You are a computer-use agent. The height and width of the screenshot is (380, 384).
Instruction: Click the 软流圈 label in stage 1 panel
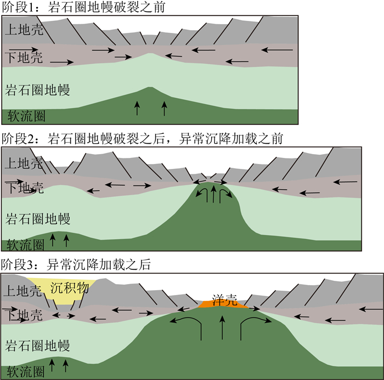(x=24, y=116)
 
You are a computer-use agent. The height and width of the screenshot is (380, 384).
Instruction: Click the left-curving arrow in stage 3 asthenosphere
(x=187, y=324)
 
